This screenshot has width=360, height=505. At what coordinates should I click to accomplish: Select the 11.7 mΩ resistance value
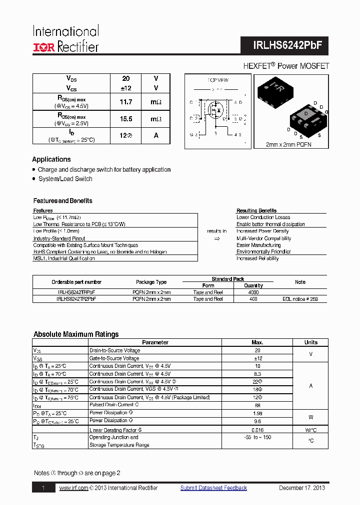pyautogui.click(x=126, y=102)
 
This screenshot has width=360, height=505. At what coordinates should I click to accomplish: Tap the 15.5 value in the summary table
pyautogui.click(x=126, y=120)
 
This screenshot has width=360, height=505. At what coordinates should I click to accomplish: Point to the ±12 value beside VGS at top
pyautogui.click(x=126, y=88)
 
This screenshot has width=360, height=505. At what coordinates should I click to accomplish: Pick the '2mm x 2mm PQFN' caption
pyautogui.click(x=289, y=144)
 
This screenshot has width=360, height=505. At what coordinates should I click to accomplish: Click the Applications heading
pyautogui.click(x=51, y=160)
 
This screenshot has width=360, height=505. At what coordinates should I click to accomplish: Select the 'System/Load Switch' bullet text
pyautogui.click(x=65, y=179)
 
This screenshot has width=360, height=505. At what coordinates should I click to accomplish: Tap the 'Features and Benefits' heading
pyautogui.click(x=63, y=201)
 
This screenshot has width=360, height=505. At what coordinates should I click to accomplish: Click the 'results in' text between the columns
pyautogui.click(x=216, y=231)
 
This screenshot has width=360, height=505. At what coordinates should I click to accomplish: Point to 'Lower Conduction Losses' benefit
pyautogui.click(x=263, y=218)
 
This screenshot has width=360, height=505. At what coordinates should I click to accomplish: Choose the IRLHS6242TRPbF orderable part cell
pyautogui.click(x=76, y=292)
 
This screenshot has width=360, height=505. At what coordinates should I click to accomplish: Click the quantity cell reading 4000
pyautogui.click(x=253, y=292)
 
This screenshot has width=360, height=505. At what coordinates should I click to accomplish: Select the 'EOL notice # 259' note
pyautogui.click(x=299, y=299)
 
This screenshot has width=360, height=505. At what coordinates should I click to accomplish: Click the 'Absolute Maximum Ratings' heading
pyautogui.click(x=76, y=334)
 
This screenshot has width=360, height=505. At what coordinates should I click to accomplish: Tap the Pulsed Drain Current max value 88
pyautogui.click(x=257, y=405)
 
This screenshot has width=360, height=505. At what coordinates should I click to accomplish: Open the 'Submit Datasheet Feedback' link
pyautogui.click(x=213, y=488)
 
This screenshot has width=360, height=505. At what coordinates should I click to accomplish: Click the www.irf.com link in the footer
pyautogui.click(x=73, y=488)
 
